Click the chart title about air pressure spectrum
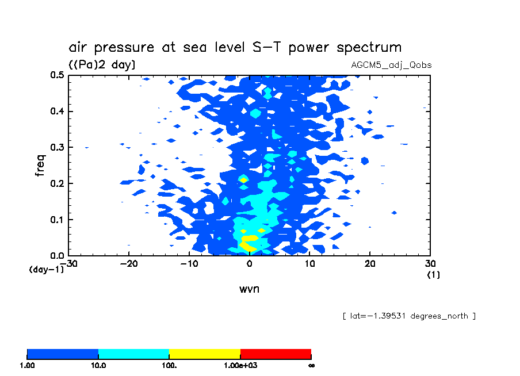click(235, 47)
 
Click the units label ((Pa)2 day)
click(102, 65)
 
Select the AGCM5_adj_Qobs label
click(391, 65)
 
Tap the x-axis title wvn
click(249, 289)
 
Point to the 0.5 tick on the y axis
click(56, 75)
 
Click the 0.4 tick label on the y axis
click(56, 112)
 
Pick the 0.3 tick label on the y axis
click(56, 148)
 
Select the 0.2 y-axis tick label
click(56, 184)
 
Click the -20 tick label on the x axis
click(128, 264)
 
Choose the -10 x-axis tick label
click(189, 264)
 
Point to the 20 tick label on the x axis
click(370, 264)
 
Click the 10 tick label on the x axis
click(309, 264)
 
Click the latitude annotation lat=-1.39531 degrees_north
click(408, 316)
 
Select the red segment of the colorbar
click(276, 354)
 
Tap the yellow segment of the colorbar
click(204, 354)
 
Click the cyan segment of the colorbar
click(133, 354)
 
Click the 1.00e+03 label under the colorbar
click(240, 365)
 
